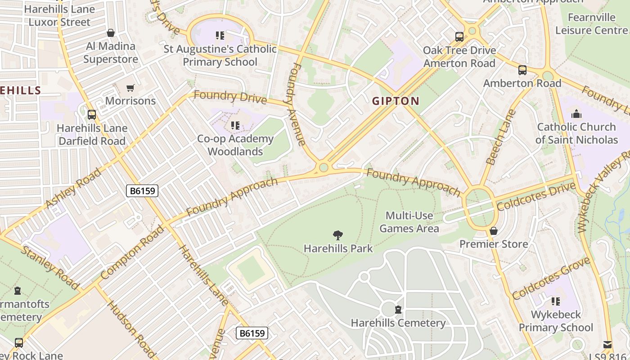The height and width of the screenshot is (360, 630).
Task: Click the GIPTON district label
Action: pyautogui.click(x=396, y=101)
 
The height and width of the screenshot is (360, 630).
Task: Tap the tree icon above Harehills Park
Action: pyautogui.click(x=337, y=234)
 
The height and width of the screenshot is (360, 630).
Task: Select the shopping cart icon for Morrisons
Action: pyautogui.click(x=130, y=88)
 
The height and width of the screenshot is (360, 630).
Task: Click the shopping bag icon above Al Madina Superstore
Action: pyautogui.click(x=111, y=33)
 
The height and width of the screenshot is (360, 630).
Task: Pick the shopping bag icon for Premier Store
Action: pyautogui.click(x=494, y=231)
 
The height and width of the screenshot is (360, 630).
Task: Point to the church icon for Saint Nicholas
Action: pyautogui.click(x=576, y=114)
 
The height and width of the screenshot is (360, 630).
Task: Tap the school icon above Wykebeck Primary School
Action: pyautogui.click(x=556, y=301)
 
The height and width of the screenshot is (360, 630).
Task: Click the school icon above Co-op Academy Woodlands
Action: pyautogui.click(x=234, y=126)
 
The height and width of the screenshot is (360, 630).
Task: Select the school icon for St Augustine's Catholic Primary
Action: pyautogui.click(x=220, y=35)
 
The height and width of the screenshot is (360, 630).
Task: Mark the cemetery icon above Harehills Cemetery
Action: pyautogui.click(x=398, y=310)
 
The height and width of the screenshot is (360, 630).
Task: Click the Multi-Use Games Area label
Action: pyautogui.click(x=409, y=222)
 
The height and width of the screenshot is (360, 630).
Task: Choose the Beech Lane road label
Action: pyautogui.click(x=500, y=137)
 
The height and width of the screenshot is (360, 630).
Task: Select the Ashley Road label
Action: pyautogui.click(x=73, y=189)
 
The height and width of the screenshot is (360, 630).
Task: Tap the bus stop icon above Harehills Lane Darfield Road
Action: pyautogui.click(x=92, y=115)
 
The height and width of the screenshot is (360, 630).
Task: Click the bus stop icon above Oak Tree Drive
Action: pyautogui.click(x=459, y=37)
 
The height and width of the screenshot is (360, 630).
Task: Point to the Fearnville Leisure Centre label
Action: pyautogui.click(x=591, y=24)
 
